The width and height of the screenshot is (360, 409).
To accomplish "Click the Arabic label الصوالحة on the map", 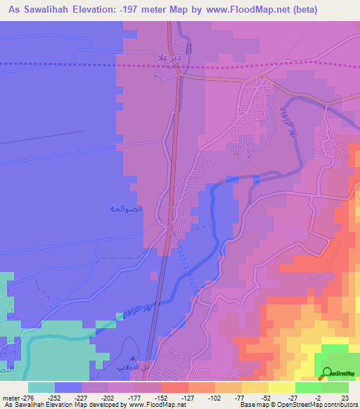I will (x=127, y=208).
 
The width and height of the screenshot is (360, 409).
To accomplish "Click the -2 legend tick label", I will (x=316, y=398).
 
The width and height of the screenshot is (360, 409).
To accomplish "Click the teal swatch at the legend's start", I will (x=41, y=387).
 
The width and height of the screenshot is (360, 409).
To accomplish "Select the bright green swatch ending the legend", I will (x=335, y=387).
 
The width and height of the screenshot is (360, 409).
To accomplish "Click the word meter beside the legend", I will (x=11, y=398).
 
